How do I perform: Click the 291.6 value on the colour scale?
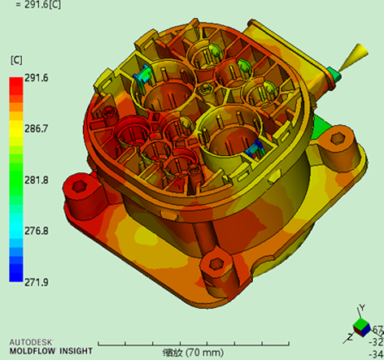(37, 78)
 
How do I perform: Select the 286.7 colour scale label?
(37, 128)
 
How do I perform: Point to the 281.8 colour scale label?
(37, 180)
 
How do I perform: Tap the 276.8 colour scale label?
(37, 231)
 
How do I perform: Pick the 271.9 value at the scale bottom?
(37, 282)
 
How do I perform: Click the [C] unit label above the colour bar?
(16, 60)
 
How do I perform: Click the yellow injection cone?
(354, 58)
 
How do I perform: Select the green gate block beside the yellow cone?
(334, 74)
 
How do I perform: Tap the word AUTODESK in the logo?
(31, 342)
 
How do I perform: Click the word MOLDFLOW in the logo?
(33, 351)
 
